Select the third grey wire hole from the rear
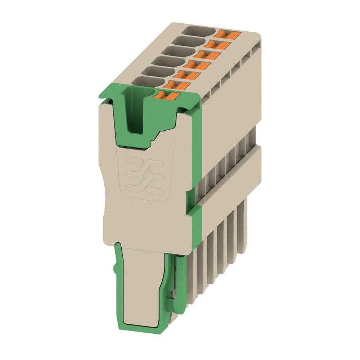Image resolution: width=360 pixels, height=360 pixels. (x=179, y=50)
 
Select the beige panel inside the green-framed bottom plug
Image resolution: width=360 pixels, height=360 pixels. (x=141, y=284)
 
